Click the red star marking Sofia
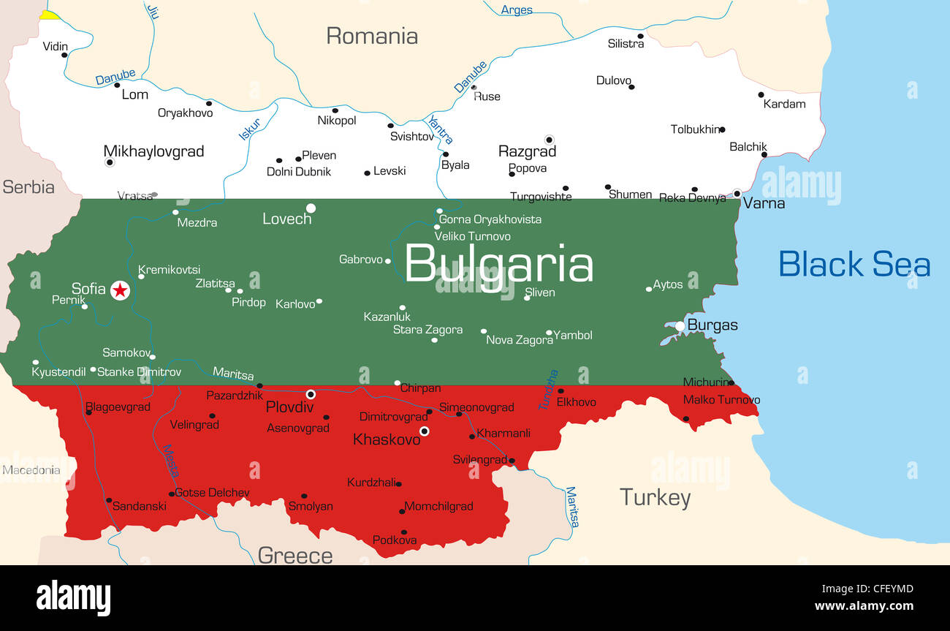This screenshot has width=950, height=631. (x=121, y=290)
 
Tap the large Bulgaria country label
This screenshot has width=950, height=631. (x=498, y=264)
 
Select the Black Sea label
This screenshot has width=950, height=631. (x=854, y=264)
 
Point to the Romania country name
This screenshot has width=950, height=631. (x=372, y=36)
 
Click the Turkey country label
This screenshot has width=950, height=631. (x=655, y=498)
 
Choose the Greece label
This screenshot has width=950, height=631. (x=295, y=556)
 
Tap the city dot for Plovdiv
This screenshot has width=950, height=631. (x=311, y=394)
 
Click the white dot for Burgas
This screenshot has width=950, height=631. (x=680, y=326)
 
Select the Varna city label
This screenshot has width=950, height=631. (x=764, y=203)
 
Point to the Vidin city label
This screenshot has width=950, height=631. (x=55, y=46)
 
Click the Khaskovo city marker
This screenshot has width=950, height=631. (x=424, y=431)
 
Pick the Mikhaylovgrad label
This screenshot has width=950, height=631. (x=153, y=151)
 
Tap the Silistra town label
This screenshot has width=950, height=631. (x=626, y=44)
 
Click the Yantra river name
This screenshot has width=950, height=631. (x=440, y=129)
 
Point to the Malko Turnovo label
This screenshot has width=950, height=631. (x=721, y=400)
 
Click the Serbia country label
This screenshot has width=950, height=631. (x=28, y=187)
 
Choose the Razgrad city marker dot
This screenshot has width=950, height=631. (x=549, y=140)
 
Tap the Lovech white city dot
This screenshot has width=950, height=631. (x=311, y=208)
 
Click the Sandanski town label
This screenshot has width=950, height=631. (x=139, y=506)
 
